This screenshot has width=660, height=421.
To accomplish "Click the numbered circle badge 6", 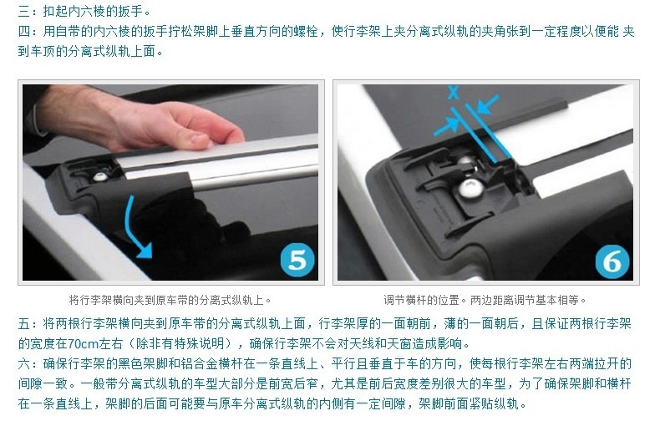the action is click(612, 261).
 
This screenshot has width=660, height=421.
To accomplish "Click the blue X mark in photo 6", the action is click(454, 92).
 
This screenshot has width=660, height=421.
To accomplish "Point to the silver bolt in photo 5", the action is click(99, 177).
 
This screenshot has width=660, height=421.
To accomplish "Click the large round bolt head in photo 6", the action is click(470, 188).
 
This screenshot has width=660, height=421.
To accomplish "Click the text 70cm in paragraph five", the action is click(83, 343).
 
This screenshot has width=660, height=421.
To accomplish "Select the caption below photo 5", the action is click(170, 300).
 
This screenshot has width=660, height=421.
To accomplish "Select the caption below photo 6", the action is click(485, 300).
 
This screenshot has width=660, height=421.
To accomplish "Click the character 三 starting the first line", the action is click(24, 11).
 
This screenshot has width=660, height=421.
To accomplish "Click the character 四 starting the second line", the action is click(24, 31).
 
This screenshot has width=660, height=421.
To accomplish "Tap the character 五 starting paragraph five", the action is click(24, 323).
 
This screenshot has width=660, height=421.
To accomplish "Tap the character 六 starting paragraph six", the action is click(24, 363).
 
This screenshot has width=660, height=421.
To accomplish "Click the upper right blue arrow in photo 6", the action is click(487, 104).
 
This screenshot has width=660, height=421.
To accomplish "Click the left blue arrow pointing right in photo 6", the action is click(447, 126).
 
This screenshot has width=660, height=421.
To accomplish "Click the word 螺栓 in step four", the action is click(305, 31).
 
